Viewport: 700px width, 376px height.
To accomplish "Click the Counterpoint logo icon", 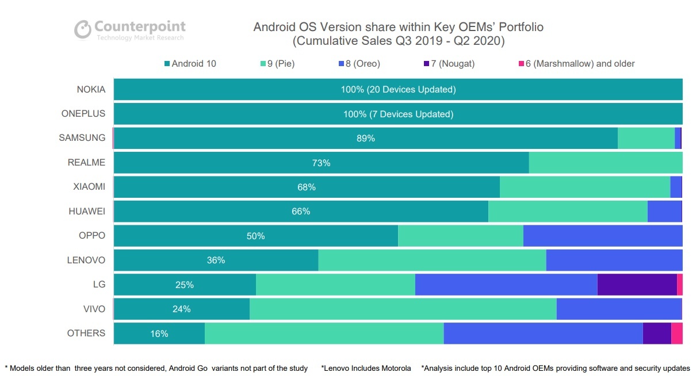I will (x=83, y=29).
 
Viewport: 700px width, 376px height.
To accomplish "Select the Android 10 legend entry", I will (x=190, y=64).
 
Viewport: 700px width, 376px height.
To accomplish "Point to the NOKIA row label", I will (x=91, y=90).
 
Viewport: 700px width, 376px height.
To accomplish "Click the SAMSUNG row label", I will (x=82, y=138).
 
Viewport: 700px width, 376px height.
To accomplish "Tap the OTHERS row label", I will (x=86, y=333).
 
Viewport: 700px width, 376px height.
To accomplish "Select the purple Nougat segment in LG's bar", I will (x=637, y=285).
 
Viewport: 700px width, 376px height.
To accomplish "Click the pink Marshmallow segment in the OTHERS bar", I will (x=677, y=333).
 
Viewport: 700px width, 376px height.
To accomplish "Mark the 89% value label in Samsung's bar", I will (x=365, y=139).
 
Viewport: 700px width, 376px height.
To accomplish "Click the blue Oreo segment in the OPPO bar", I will (x=603, y=236).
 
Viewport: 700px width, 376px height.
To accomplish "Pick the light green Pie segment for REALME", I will (x=605, y=163).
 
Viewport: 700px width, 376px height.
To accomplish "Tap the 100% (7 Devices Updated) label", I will (x=398, y=114).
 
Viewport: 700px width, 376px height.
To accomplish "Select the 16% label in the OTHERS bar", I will (x=159, y=333).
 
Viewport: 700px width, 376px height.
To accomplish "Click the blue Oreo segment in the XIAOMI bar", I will (x=676, y=187).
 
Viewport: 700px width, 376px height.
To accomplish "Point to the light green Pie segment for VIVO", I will (x=403, y=309).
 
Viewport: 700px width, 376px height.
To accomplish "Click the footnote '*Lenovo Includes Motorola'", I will (x=366, y=368).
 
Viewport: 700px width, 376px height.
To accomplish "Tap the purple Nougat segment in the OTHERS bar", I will (x=657, y=333).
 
